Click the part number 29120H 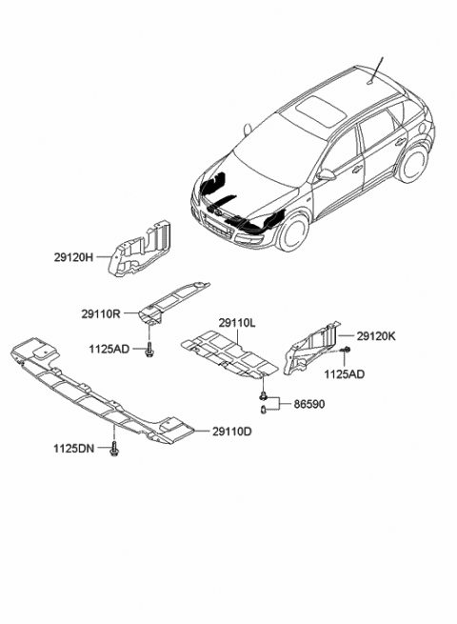click(73, 257)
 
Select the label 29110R click(99, 312)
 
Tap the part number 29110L click(236, 324)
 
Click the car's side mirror click(327, 174)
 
